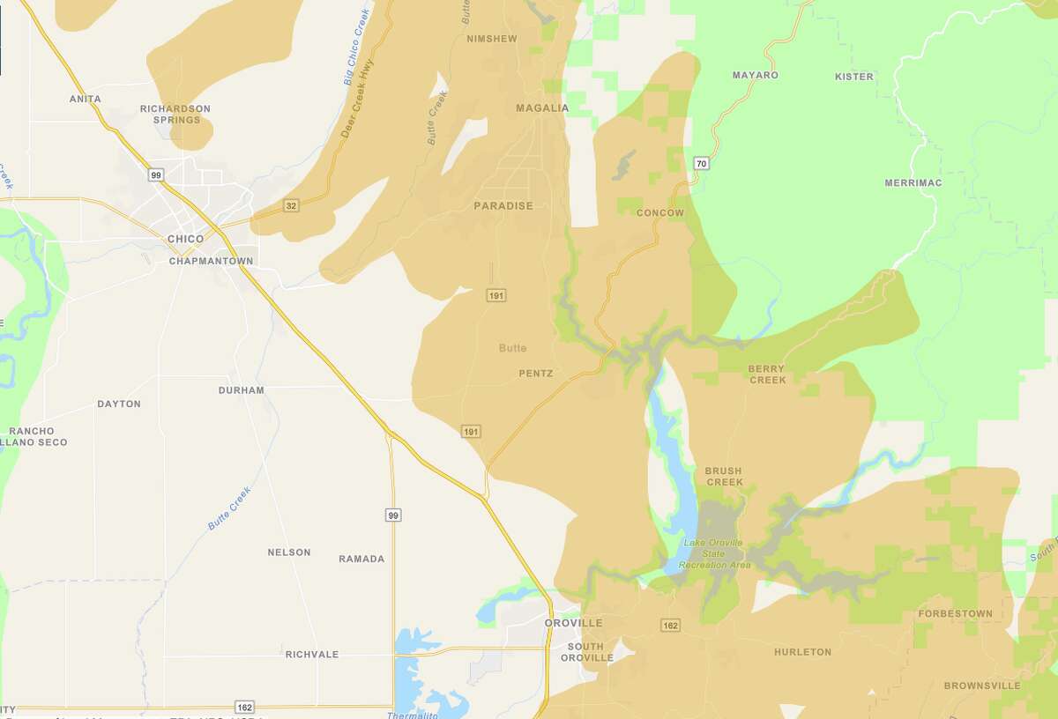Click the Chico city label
click(x=185, y=239)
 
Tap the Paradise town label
click(x=503, y=206)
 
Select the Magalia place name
click(x=542, y=108)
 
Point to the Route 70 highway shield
click(x=701, y=163)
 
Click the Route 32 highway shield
click(x=291, y=205)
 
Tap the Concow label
click(x=659, y=213)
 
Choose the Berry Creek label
click(x=767, y=374)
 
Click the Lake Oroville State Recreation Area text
click(x=714, y=553)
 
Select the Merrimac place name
click(x=913, y=182)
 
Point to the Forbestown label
click(x=955, y=613)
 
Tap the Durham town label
click(x=242, y=389)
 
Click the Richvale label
click(x=311, y=655)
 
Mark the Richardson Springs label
click(x=175, y=114)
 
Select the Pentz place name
click(x=536, y=374)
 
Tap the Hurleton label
click(x=802, y=652)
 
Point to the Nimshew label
click(x=492, y=39)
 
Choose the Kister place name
click(x=853, y=77)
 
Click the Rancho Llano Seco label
click(x=34, y=436)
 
